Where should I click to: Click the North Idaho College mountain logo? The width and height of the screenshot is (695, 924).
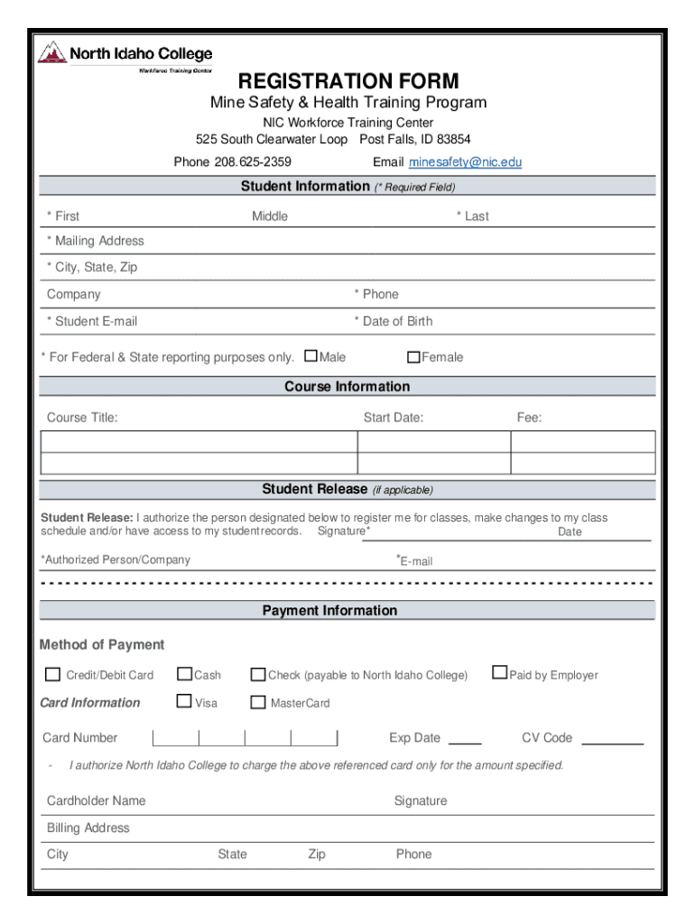[x=51, y=53]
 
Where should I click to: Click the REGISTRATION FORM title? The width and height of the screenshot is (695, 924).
[x=347, y=81]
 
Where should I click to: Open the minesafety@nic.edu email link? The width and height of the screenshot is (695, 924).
[x=465, y=162]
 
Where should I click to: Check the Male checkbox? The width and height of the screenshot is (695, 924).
[x=311, y=356]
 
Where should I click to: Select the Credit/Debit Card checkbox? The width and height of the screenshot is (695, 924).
[x=53, y=675]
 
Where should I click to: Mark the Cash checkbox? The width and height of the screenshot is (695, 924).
[x=185, y=674]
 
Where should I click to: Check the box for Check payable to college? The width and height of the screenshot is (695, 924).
[x=258, y=675]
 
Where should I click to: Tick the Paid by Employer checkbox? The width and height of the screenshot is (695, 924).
[x=499, y=672]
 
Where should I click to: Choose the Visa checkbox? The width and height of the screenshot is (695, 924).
[x=185, y=701]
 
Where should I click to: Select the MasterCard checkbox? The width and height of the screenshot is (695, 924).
[x=258, y=703]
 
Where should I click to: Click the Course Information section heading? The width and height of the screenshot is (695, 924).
[x=347, y=386]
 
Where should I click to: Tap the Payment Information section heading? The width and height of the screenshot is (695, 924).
[x=329, y=611]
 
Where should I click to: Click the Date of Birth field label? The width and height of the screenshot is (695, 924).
[x=397, y=321]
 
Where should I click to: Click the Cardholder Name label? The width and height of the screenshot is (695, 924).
[x=96, y=800]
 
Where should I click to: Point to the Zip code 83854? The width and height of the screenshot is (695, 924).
[x=452, y=140]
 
